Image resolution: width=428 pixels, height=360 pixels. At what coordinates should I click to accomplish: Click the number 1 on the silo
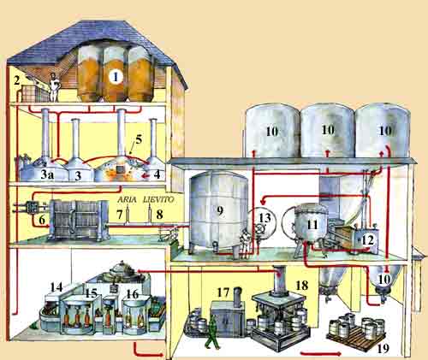tap(116, 77)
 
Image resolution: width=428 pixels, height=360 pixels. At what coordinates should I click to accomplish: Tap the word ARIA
tap(128, 199)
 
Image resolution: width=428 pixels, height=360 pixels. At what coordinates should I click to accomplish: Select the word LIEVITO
tap(158, 199)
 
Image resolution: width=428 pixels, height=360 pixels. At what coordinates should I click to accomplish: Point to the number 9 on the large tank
tap(219, 210)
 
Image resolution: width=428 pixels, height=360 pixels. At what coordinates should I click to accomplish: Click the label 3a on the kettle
tap(47, 174)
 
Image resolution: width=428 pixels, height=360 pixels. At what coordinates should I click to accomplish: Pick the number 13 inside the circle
tap(265, 218)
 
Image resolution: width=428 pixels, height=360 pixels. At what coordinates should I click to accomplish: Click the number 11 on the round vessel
tap(312, 225)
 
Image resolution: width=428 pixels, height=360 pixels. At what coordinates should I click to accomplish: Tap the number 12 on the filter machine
tap(367, 240)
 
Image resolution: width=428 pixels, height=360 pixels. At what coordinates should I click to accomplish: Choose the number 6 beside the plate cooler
tap(42, 220)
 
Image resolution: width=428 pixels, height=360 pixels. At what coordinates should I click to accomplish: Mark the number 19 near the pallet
tap(383, 348)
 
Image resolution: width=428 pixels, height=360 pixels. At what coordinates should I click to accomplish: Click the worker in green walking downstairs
tap(212, 331)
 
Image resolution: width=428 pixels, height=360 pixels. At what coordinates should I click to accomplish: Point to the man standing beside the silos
tap(53, 87)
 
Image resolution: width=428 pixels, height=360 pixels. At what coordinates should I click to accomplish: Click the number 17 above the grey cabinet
tap(223, 292)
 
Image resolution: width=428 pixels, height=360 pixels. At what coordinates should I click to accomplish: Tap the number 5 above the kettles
tap(139, 139)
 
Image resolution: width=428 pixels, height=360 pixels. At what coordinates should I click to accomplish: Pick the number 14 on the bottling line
tap(56, 287)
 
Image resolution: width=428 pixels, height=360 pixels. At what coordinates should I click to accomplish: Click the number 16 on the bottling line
tap(133, 294)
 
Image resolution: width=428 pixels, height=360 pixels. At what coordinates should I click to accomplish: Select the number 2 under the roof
tap(17, 80)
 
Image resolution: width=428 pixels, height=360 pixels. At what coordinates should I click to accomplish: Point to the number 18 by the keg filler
tap(302, 285)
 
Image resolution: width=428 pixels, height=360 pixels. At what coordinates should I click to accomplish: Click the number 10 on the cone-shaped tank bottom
tap(384, 280)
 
